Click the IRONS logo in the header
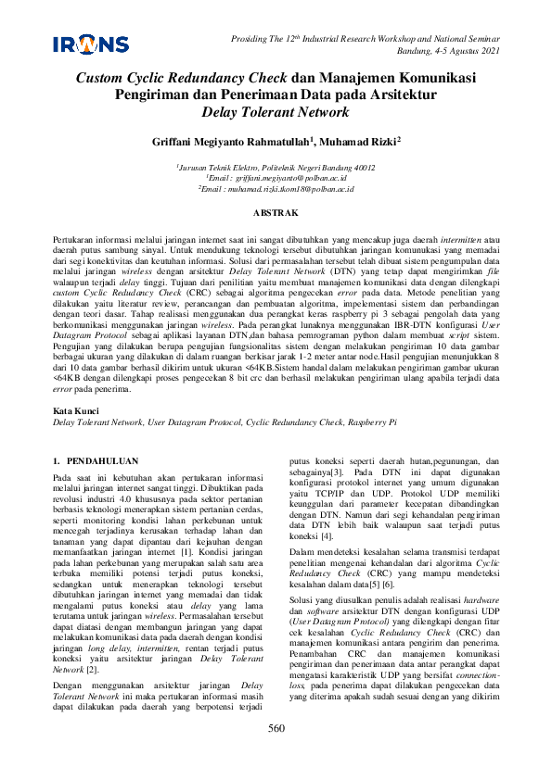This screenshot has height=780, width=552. (x=91, y=43)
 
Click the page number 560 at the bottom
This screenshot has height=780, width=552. (x=276, y=754)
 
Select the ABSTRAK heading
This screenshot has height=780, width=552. (x=276, y=212)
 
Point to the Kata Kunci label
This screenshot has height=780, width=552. (x=76, y=409)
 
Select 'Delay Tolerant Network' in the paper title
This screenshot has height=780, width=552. (x=276, y=113)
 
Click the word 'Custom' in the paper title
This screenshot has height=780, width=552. (x=102, y=80)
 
